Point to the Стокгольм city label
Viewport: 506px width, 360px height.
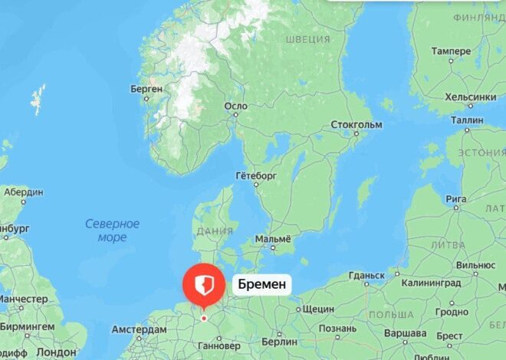pyautogui.click(x=356, y=124)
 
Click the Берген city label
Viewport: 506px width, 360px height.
pyautogui.click(x=146, y=89)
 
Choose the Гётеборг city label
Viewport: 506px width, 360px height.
pyautogui.click(x=255, y=175)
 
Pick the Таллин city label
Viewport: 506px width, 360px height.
pyautogui.click(x=467, y=120)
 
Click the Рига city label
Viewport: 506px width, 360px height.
pyautogui.click(x=456, y=199)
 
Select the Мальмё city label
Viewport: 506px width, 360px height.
pyautogui.click(x=273, y=239)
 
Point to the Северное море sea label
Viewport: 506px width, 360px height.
pyautogui.click(x=112, y=231)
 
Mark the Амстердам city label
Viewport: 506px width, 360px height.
pyautogui.click(x=139, y=329)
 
